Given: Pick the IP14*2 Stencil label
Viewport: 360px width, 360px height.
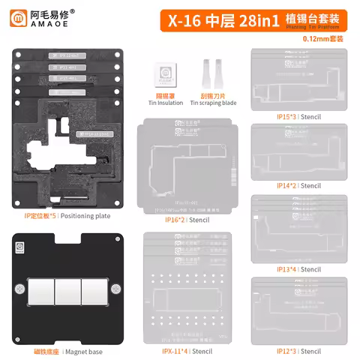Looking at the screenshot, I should (x=288, y=185).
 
